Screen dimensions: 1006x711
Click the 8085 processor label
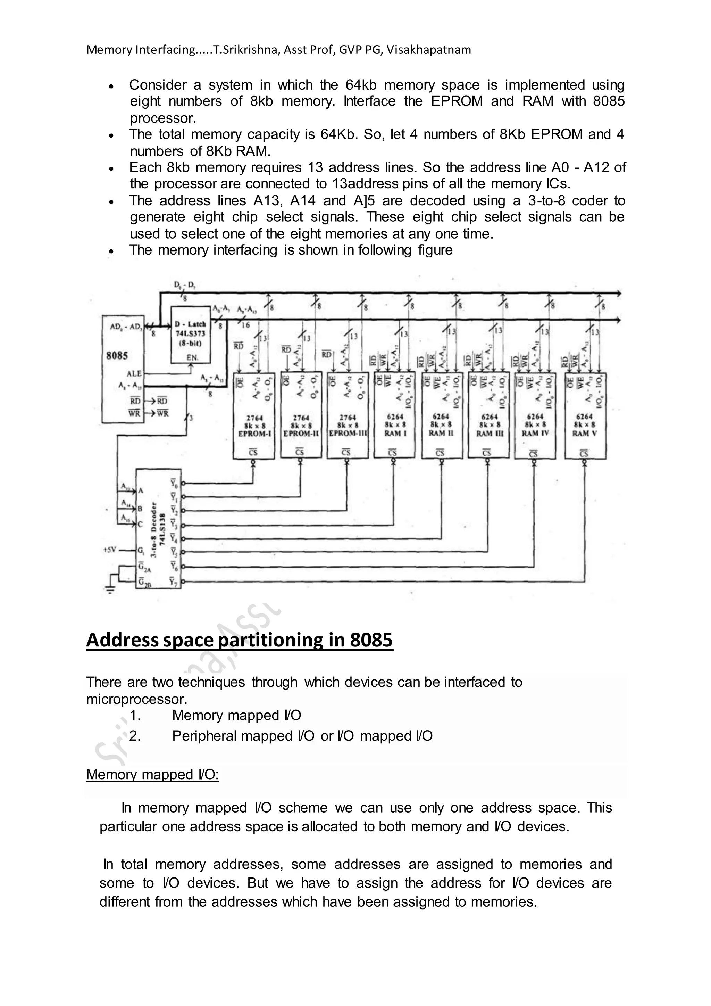click(117, 355)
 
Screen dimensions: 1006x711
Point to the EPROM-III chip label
click(348, 434)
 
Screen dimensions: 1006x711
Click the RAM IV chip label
click(535, 433)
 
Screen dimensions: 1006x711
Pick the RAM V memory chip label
click(585, 433)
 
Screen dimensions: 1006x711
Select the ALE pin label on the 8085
click(134, 373)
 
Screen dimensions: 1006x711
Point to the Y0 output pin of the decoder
click(174, 484)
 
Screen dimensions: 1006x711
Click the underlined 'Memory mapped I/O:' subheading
click(152, 774)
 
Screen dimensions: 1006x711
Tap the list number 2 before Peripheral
click(134, 736)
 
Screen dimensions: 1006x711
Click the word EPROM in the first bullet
click(457, 101)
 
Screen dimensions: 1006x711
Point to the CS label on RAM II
click(440, 453)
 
